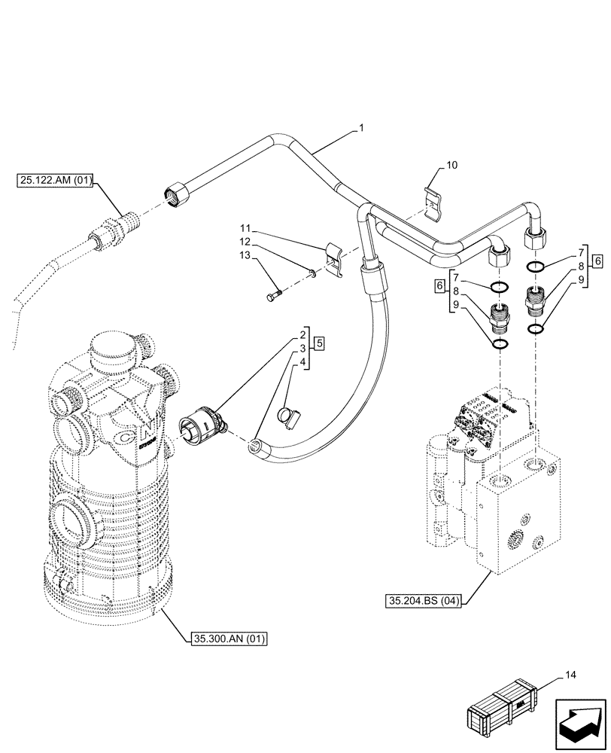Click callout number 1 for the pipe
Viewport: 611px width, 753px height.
click(x=361, y=129)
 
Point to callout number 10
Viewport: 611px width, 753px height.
click(x=451, y=164)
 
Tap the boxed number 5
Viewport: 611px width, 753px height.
click(x=319, y=343)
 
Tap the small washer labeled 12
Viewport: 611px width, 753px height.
click(x=313, y=275)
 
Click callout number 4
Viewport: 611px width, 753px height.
click(x=302, y=362)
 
